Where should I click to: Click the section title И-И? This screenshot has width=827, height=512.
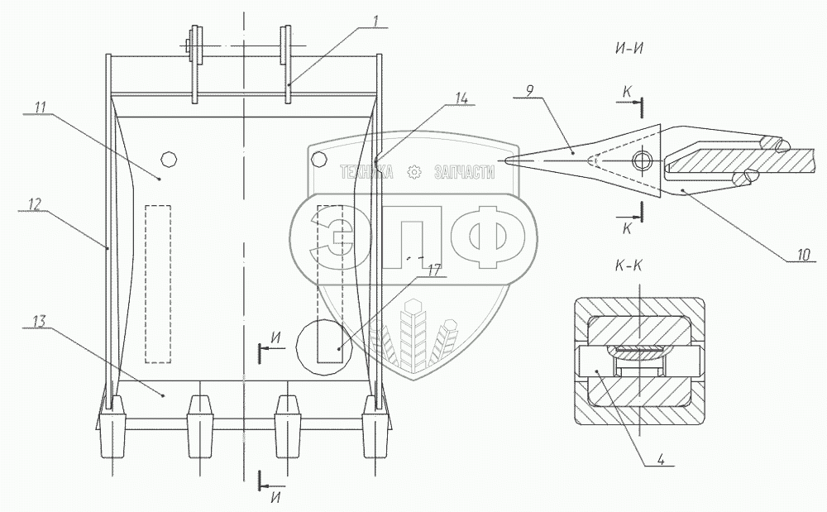629,47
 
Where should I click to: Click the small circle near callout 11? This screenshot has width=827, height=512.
169,158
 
